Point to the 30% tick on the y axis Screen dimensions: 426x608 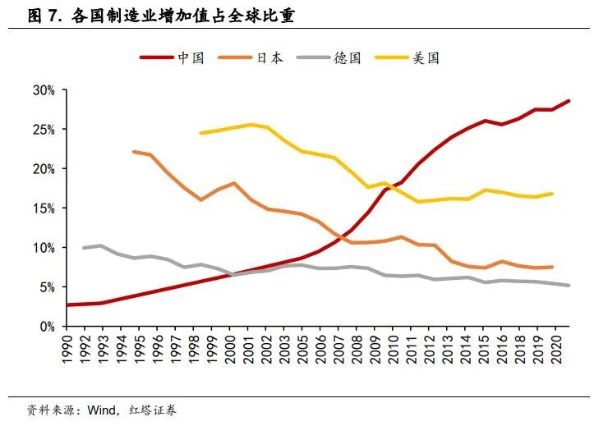(x=44, y=89)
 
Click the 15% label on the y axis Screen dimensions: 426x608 (x=44, y=208)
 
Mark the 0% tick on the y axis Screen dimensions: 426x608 (x=47, y=327)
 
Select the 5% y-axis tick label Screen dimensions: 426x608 (x=47, y=287)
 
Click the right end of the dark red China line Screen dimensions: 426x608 (x=569, y=101)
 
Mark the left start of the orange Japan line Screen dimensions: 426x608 (x=133, y=152)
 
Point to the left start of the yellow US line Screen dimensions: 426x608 (x=200, y=133)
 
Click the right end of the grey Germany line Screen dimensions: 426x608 (x=569, y=286)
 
